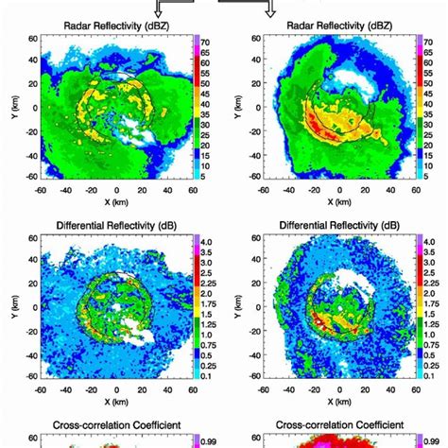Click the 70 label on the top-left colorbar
coord(204,43)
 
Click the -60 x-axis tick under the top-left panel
coord(41,188)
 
